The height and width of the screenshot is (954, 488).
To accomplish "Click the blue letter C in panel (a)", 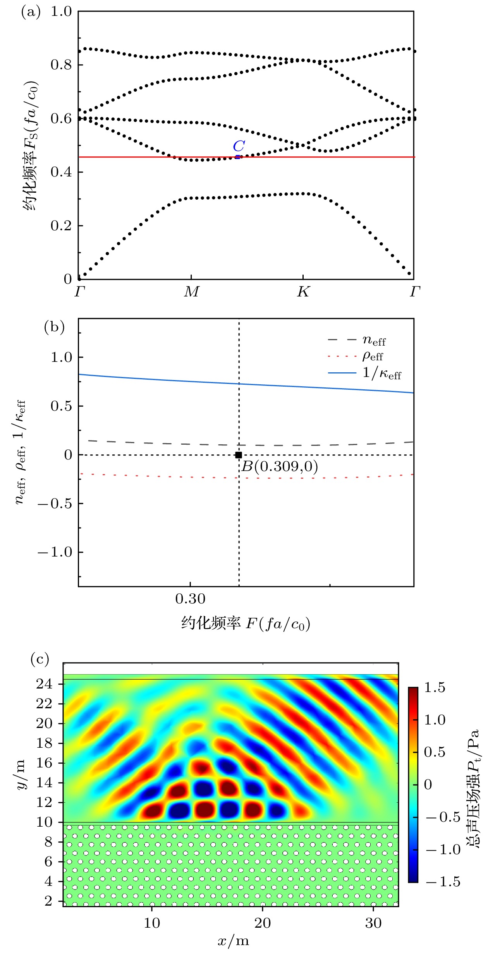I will coord(239,146).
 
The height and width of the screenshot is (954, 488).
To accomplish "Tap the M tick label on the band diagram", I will coord(191,292).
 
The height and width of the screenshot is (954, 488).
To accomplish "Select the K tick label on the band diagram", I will coord(303,292).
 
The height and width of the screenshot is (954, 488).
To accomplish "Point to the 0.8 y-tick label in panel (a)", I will coord(61,65).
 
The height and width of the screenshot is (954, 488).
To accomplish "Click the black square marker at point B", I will coord(239,455).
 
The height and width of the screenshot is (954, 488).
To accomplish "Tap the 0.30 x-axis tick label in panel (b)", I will coord(190,599).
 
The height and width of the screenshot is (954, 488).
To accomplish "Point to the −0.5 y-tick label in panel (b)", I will coord(55,504).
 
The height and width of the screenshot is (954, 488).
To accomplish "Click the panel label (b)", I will coord(54,327).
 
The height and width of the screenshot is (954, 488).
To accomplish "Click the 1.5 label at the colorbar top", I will coord(435,687).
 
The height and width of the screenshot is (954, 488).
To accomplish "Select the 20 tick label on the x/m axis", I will coord(263,923).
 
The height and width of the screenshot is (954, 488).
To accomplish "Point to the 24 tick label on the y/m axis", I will coord(44,684).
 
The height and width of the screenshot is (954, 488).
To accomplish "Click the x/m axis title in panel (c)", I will coord(233,940).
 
